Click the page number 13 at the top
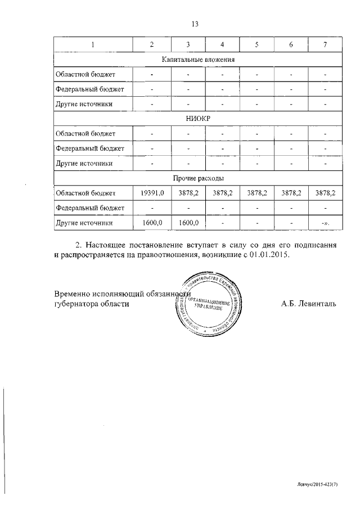click(196, 24)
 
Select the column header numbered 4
click(222, 44)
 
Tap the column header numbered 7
click(325, 44)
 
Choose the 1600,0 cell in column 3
click(188, 223)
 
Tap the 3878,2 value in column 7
click(325, 193)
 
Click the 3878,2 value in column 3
click(188, 193)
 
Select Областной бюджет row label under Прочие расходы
click(85, 193)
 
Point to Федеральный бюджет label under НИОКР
click(89, 148)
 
